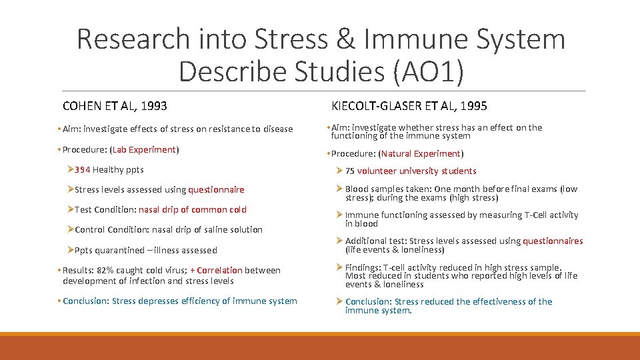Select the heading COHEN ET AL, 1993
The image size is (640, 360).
point(115,106)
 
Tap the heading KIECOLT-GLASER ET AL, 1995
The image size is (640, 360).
point(409,106)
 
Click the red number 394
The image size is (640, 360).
point(82,170)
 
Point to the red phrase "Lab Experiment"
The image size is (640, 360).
point(144,150)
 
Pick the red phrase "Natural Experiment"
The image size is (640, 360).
point(421,153)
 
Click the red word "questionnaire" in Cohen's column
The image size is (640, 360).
point(216,190)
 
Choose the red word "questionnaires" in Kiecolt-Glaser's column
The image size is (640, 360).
point(553,241)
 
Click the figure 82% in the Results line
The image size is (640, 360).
point(107,271)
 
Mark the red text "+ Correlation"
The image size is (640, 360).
point(215,271)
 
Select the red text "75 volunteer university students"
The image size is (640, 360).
point(411,171)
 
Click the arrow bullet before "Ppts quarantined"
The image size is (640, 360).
point(70,251)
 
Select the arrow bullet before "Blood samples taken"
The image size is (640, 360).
point(339,189)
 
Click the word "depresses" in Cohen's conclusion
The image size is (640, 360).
point(159,301)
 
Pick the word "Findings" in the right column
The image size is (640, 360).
point(362,268)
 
